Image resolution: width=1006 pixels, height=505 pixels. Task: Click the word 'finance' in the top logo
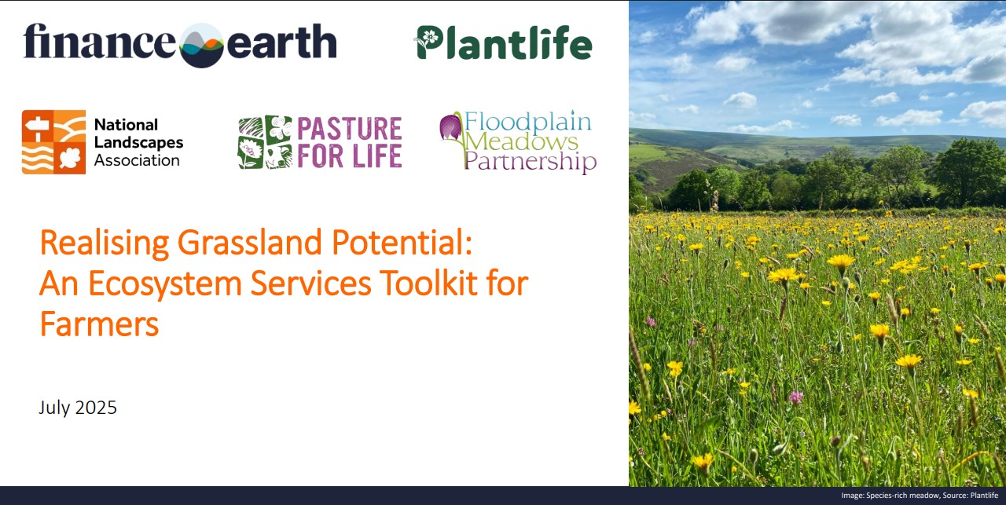(99, 42)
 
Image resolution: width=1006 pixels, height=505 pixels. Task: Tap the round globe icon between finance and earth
(201, 45)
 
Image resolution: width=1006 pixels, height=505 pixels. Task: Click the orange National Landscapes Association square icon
(53, 141)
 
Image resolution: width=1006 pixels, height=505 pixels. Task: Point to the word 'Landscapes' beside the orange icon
(138, 142)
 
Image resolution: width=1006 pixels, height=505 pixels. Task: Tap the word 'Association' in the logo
(137, 160)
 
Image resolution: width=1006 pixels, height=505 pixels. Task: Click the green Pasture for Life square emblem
(265, 142)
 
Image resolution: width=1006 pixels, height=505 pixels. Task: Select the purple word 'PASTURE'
(349, 129)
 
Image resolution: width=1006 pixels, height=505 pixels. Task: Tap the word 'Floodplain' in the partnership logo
(527, 123)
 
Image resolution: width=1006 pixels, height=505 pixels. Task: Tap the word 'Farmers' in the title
(99, 324)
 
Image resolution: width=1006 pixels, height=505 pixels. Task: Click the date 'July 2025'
(78, 408)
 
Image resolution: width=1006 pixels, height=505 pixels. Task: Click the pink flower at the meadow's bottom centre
(796, 397)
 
